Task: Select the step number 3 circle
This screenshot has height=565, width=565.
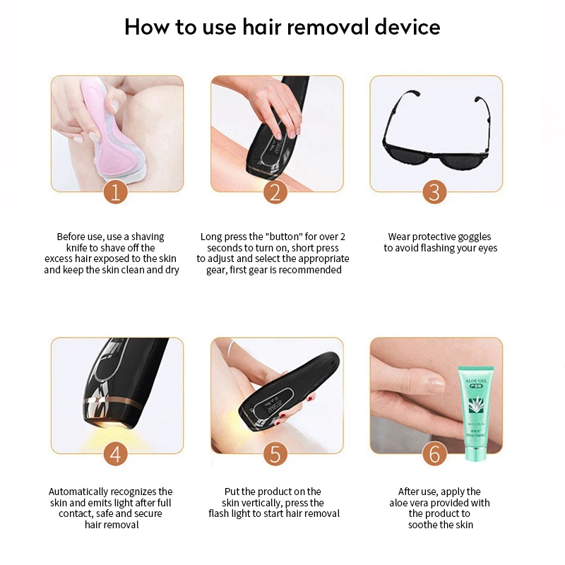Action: [435, 192]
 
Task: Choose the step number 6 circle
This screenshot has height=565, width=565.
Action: [435, 453]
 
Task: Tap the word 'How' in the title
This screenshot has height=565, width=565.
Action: [146, 27]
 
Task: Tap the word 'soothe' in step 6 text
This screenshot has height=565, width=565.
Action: [424, 525]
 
